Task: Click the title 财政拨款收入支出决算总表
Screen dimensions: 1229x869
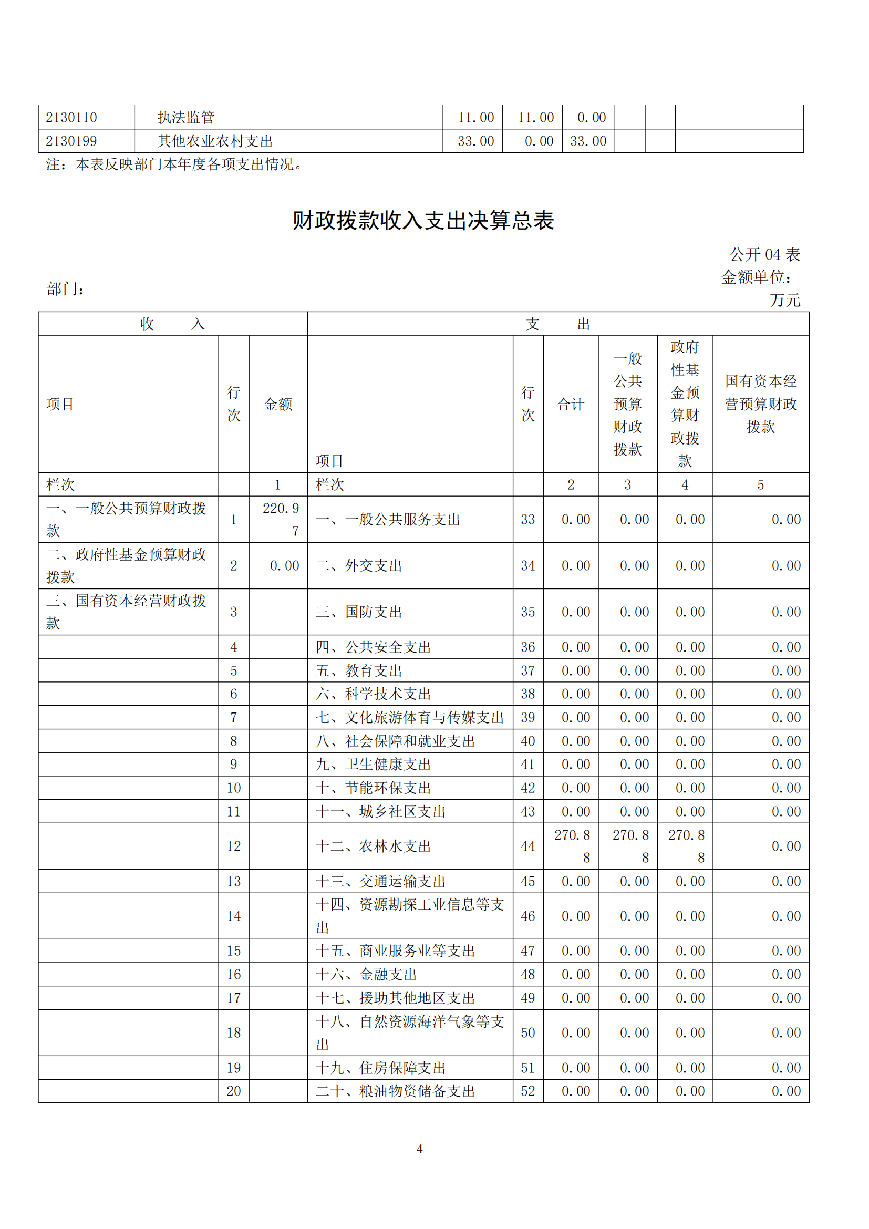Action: (423, 221)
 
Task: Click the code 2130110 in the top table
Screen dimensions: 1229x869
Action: (71, 117)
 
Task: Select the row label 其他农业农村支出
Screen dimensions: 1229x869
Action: (215, 141)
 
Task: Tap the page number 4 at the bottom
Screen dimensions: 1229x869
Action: (419, 1149)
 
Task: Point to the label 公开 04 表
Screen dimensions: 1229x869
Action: (764, 255)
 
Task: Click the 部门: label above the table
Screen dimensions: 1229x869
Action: (65, 289)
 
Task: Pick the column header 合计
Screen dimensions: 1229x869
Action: (571, 404)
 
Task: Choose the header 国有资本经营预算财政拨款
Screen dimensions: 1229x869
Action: (760, 404)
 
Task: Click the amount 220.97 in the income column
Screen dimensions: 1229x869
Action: (281, 519)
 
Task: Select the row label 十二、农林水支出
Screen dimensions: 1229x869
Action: (374, 846)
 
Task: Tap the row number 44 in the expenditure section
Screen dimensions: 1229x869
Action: (527, 846)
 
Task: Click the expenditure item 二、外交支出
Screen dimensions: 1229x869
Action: (358, 566)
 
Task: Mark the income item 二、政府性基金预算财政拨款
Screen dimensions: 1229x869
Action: (126, 565)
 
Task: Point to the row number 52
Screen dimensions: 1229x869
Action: (527, 1091)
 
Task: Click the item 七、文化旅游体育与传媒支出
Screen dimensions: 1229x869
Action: (409, 717)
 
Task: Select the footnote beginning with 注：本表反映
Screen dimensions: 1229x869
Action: (174, 164)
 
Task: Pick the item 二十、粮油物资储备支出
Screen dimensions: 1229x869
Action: (396, 1091)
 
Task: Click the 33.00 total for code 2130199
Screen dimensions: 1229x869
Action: (475, 141)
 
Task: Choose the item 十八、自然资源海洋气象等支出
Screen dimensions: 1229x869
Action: (409, 1032)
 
